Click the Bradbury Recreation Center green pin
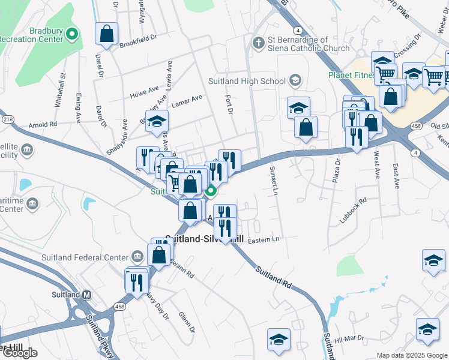pyautogui.click(x=73, y=34)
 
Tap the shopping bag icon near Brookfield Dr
pyautogui.click(x=107, y=34)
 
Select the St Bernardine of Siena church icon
pyautogui.click(x=259, y=43)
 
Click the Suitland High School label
pyautogui.click(x=247, y=81)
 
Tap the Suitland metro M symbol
pyautogui.click(x=87, y=295)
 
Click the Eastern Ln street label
pyautogui.click(x=264, y=239)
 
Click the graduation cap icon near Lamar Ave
pyautogui.click(x=157, y=121)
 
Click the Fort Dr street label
pyautogui.click(x=228, y=103)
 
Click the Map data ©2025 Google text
pyautogui.click(x=412, y=355)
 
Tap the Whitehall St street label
pyautogui.click(x=60, y=90)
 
